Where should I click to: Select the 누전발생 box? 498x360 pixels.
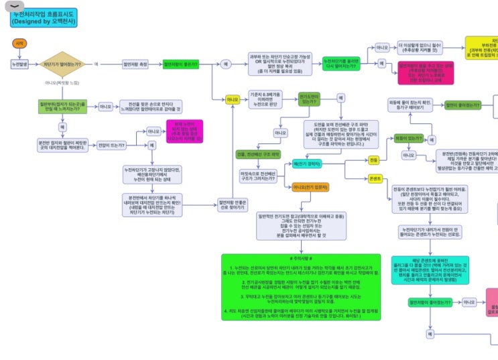tap(19, 64)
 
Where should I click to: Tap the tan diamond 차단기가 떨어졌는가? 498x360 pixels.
tap(62, 64)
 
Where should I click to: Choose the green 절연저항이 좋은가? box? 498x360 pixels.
tap(182, 64)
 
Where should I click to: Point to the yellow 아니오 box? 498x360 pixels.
tap(233, 99)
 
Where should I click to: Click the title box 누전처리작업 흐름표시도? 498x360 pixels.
tap(44, 17)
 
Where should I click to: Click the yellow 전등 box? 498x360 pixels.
tap(373, 160)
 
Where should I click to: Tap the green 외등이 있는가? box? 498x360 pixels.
tap(408, 139)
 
